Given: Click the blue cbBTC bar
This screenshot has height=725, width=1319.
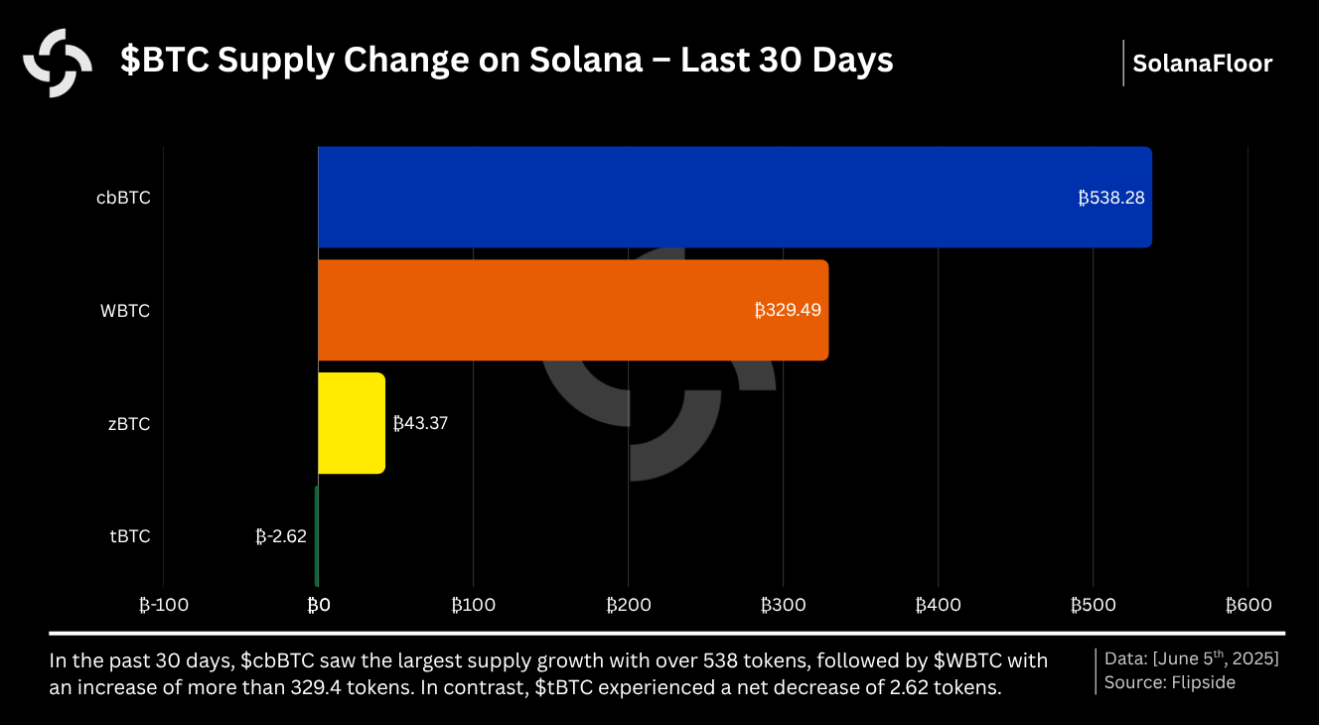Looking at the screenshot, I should click(695, 197).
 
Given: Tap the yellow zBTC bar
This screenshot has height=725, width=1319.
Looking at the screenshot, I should click(351, 423).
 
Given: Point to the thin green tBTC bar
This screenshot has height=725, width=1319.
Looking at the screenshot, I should click(316, 536).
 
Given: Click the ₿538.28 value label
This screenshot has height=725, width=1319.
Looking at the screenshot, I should click(1111, 198).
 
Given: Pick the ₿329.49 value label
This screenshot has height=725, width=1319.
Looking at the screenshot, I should click(788, 310).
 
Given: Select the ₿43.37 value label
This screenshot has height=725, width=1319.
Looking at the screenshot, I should click(420, 423).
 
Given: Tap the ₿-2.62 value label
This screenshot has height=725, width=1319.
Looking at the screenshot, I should click(281, 536).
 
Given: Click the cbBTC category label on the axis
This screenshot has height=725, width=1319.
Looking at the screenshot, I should click(123, 198).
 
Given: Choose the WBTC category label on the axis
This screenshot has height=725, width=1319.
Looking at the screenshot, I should click(125, 311).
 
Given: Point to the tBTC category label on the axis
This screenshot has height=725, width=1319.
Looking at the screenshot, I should click(129, 536).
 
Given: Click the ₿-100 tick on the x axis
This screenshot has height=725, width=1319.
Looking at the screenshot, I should click(163, 605).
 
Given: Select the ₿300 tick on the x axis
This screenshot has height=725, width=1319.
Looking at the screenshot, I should click(783, 605).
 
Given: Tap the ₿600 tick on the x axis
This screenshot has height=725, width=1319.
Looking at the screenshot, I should click(1247, 605).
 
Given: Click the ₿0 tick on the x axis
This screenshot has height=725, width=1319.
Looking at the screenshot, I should click(318, 605).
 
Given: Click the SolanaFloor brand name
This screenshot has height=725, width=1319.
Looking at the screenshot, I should click(1202, 64).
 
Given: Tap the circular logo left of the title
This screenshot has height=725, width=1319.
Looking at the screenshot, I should click(58, 63).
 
